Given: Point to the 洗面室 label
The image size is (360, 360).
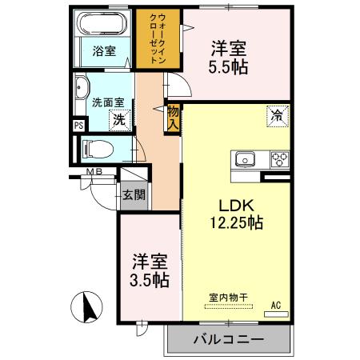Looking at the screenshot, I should (x=106, y=102).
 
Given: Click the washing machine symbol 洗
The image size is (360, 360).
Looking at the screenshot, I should (x=117, y=120).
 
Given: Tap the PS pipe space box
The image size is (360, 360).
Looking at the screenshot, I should (x=78, y=126).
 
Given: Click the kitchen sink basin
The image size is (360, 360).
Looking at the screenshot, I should (x=243, y=158).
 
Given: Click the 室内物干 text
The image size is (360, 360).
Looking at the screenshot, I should (x=229, y=298).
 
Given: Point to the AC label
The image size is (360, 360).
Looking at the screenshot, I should (x=275, y=304).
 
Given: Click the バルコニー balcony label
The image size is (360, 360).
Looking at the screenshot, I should (x=228, y=339).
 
